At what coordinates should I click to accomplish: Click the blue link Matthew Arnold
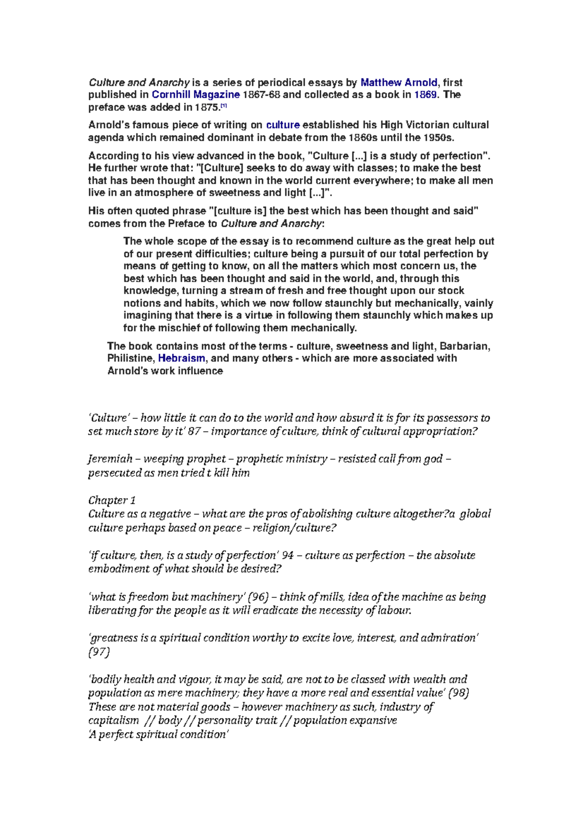[398, 82]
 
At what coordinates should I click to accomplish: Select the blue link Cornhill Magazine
[196, 95]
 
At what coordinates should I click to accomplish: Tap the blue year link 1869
[425, 95]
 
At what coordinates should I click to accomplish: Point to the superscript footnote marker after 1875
[223, 106]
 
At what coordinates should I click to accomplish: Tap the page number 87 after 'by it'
[194, 431]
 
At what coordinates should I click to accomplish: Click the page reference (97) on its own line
[99, 652]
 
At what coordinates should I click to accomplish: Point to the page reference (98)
[458, 693]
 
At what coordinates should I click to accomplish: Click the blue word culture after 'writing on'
[283, 125]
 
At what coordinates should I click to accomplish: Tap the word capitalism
[113, 721]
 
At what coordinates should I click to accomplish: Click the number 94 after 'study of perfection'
[287, 556]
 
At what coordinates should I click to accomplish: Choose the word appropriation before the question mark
[440, 431]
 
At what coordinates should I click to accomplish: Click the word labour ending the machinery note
[394, 610]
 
